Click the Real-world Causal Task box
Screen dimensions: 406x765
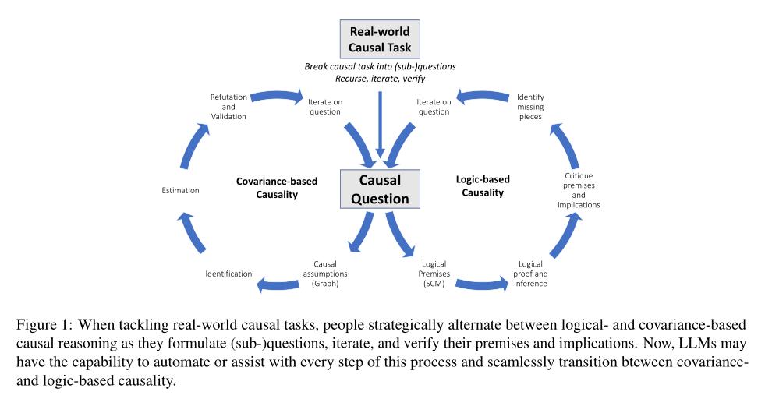[x=380, y=39]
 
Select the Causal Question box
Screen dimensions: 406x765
[x=380, y=189]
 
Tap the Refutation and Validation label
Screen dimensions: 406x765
[x=228, y=107]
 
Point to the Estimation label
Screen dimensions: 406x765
[x=180, y=190]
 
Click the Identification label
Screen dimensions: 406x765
[x=228, y=274]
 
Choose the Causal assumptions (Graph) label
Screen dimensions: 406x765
[x=330, y=274]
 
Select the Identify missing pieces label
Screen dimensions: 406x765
[x=530, y=107]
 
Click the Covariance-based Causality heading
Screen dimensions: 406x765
[x=277, y=187]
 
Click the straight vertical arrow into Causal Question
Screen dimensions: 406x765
[x=380, y=121]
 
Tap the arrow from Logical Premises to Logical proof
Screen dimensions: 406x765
[x=477, y=284]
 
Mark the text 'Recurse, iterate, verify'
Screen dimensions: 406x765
[x=380, y=79]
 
